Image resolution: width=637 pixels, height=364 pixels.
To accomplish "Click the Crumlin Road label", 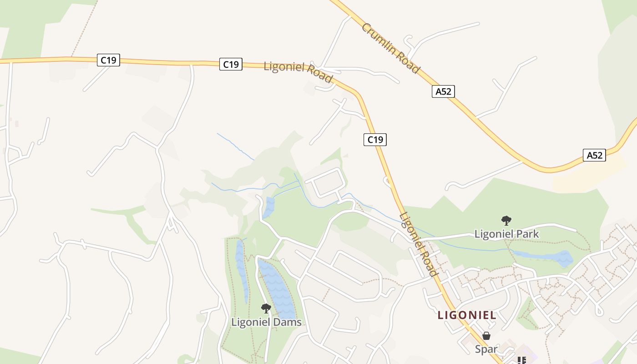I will pyautogui.click(x=390, y=48).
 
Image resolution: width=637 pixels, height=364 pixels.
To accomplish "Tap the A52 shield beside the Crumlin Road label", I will pyautogui.click(x=443, y=91).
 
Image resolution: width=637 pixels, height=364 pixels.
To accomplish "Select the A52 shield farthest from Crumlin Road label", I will pyautogui.click(x=594, y=155).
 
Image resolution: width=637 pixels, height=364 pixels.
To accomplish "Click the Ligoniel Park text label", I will pyautogui.click(x=506, y=234).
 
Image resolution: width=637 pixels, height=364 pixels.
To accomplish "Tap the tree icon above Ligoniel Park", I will pyautogui.click(x=506, y=221).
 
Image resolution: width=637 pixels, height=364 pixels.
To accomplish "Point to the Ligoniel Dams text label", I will pyautogui.click(x=266, y=322).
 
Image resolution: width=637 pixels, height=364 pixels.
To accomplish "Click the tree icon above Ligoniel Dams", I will pyautogui.click(x=266, y=309).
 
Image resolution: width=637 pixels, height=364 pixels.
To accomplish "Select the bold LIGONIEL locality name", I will pyautogui.click(x=467, y=315).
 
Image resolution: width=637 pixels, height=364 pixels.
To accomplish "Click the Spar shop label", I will pyautogui.click(x=486, y=349).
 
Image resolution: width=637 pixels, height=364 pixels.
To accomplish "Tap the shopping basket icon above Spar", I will pyautogui.click(x=486, y=336).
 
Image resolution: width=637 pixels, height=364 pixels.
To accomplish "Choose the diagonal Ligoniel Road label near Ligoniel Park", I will pyautogui.click(x=419, y=245).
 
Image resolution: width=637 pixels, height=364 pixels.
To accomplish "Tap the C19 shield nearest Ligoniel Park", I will pyautogui.click(x=375, y=140).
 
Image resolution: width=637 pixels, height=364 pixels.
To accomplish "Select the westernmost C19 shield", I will pyautogui.click(x=108, y=60).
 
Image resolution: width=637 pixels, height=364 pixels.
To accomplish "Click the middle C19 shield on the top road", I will pyautogui.click(x=231, y=64).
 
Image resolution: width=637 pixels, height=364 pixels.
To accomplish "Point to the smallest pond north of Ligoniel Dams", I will pyautogui.click(x=269, y=207).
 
